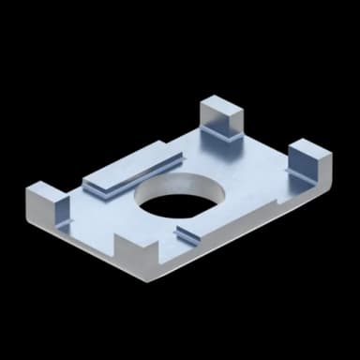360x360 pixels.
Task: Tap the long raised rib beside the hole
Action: coord(130,173)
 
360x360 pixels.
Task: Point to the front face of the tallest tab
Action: coord(217,123)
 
